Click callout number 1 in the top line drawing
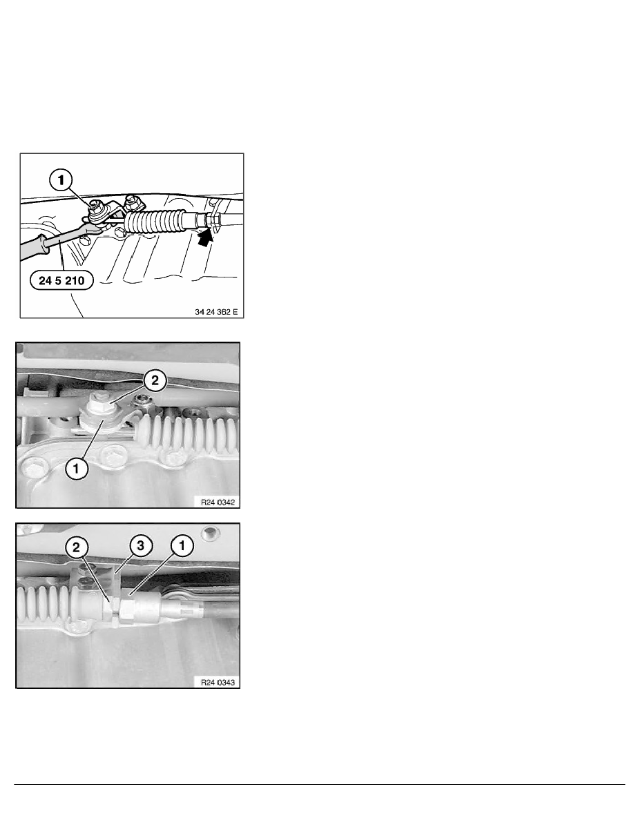point(61,180)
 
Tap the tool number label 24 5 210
point(61,280)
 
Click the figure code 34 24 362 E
point(216,312)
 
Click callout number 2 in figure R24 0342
point(155,380)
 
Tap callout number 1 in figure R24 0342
point(77,468)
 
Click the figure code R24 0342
point(218,502)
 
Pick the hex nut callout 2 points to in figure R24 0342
point(98,402)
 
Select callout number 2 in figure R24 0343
point(77,547)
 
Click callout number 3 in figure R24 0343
point(141,546)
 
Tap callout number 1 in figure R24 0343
point(182,546)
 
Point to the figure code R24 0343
point(218,682)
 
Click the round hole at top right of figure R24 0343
point(210,534)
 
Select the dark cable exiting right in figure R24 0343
point(220,609)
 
